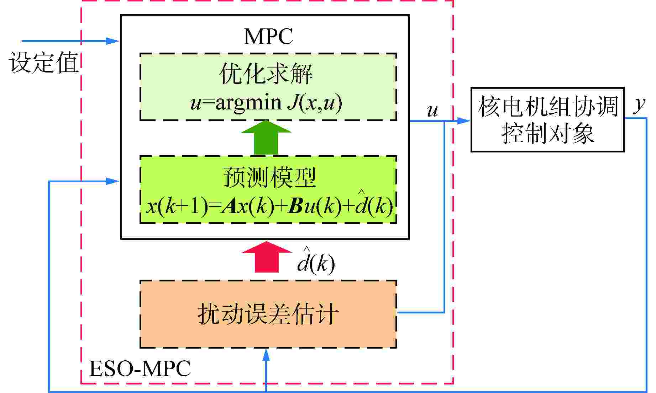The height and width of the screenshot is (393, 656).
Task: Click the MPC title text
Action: click(268, 36)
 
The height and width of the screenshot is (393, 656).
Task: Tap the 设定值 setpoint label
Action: click(43, 63)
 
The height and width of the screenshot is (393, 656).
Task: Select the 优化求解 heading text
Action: click(266, 74)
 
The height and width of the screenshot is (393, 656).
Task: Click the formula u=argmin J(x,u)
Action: click(266, 103)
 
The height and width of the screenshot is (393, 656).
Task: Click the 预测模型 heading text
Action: click(269, 177)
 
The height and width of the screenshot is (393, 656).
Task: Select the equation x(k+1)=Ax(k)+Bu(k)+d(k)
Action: click(269, 206)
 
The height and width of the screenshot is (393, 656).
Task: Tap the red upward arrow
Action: click(267, 257)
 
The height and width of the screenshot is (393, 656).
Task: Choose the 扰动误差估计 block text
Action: click(268, 314)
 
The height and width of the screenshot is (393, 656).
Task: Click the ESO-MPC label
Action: click(139, 369)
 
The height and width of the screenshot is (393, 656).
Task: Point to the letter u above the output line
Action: click(432, 111)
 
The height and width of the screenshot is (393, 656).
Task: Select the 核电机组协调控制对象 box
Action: click(547, 120)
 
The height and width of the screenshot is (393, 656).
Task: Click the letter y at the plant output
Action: click(640, 104)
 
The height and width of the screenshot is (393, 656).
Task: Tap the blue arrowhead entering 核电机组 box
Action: click(463, 121)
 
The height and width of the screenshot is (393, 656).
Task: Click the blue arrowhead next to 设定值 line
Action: click(112, 41)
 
